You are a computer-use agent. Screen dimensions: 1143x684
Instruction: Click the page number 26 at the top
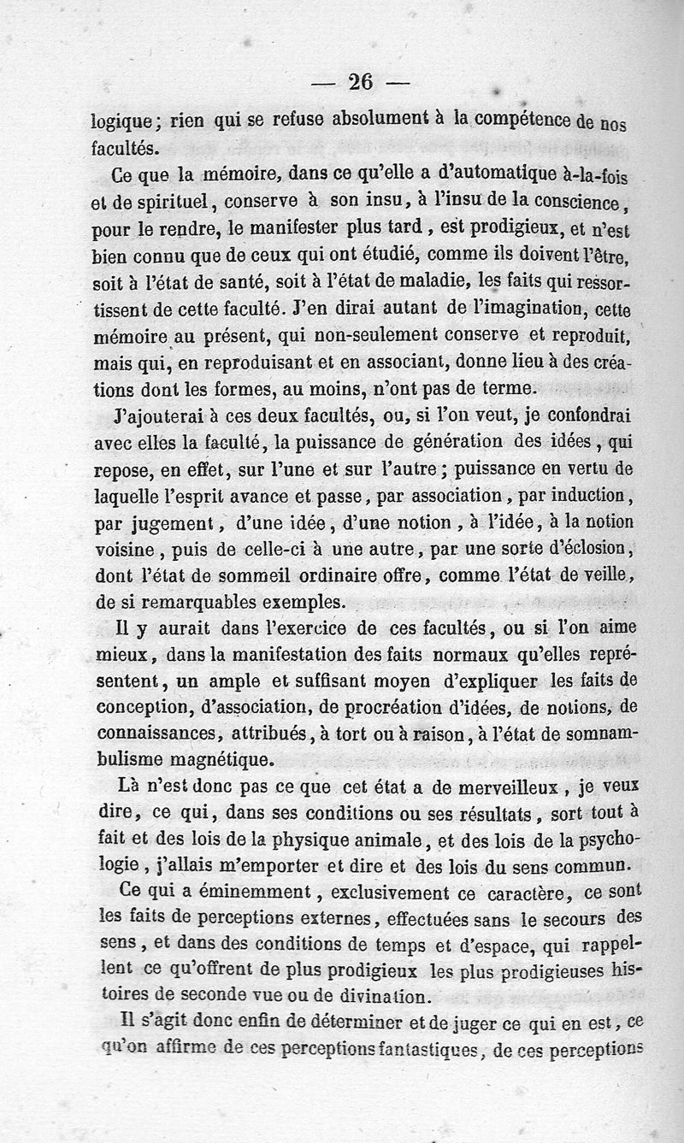point(360,82)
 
